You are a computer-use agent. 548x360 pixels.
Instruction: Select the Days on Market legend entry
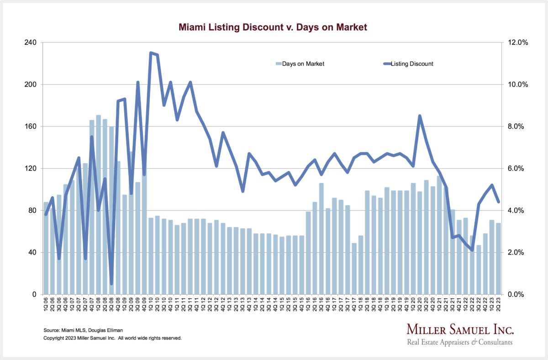point(300,64)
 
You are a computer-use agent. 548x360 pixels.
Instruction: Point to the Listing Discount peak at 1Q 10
point(151,53)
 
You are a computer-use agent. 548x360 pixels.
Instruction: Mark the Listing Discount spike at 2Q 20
point(420,116)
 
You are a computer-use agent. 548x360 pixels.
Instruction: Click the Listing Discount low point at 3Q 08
point(111,283)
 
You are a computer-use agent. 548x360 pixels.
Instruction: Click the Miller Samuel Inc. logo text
point(460,330)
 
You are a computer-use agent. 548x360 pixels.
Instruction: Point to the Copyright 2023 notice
point(112,338)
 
